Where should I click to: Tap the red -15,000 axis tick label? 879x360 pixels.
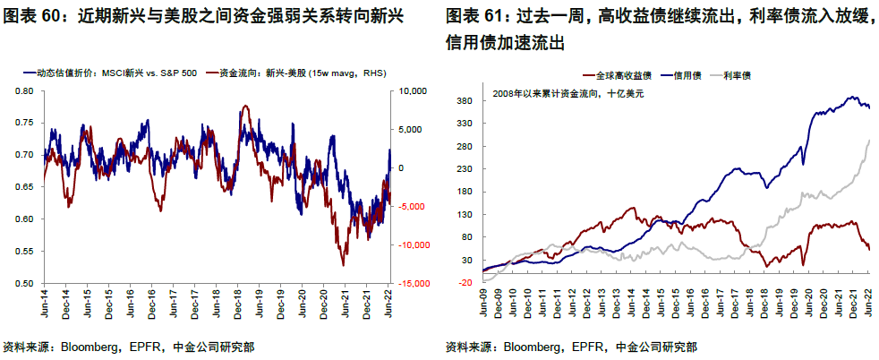coord(411,284)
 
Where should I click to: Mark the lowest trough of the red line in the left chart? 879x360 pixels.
coord(343,265)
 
